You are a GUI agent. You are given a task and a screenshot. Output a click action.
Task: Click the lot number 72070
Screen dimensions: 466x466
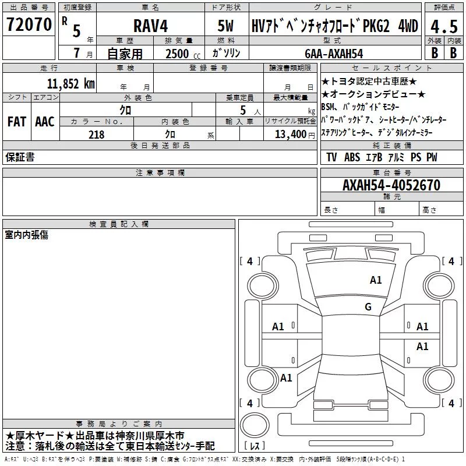(x=29, y=24)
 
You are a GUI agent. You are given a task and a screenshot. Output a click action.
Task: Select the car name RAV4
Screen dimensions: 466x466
(x=151, y=26)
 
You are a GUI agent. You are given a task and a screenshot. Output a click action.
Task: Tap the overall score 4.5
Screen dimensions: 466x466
(x=444, y=27)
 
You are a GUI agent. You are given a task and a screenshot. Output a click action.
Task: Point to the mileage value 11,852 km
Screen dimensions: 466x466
(x=70, y=84)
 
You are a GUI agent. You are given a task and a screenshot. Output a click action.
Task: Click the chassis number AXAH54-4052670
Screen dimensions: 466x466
(x=391, y=185)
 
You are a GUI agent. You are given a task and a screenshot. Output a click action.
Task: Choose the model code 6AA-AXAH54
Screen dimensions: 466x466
(x=334, y=54)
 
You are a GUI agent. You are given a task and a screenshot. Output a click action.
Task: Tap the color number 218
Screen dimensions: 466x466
(x=96, y=135)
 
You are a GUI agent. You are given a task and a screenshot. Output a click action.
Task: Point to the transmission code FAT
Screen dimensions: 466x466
(x=17, y=122)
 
